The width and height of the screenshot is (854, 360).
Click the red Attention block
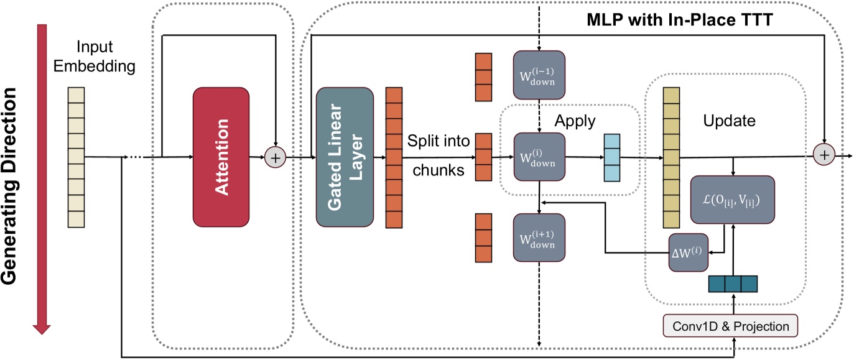pyautogui.click(x=221, y=157)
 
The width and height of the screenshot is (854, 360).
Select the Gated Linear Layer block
pyautogui.click(x=345, y=157)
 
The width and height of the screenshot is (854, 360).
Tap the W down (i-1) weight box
pyautogui.click(x=539, y=75)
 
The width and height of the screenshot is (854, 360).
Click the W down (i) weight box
pyautogui.click(x=539, y=157)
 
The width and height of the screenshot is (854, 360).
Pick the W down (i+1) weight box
pyautogui.click(x=539, y=238)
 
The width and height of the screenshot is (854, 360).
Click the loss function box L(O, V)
pyautogui.click(x=733, y=200)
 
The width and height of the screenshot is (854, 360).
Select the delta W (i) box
pyautogui.click(x=688, y=252)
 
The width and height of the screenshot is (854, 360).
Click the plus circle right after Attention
pyautogui.click(x=274, y=157)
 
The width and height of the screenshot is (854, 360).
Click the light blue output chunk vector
pyautogui.click(x=611, y=157)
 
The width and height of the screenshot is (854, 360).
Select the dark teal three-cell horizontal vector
pyautogui.click(x=733, y=283)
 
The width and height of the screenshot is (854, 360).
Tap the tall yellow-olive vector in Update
pyautogui.click(x=671, y=157)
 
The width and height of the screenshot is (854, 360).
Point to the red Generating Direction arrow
pyautogui.click(x=42, y=177)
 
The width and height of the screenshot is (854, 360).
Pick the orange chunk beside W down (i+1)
pyautogui.click(x=483, y=238)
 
